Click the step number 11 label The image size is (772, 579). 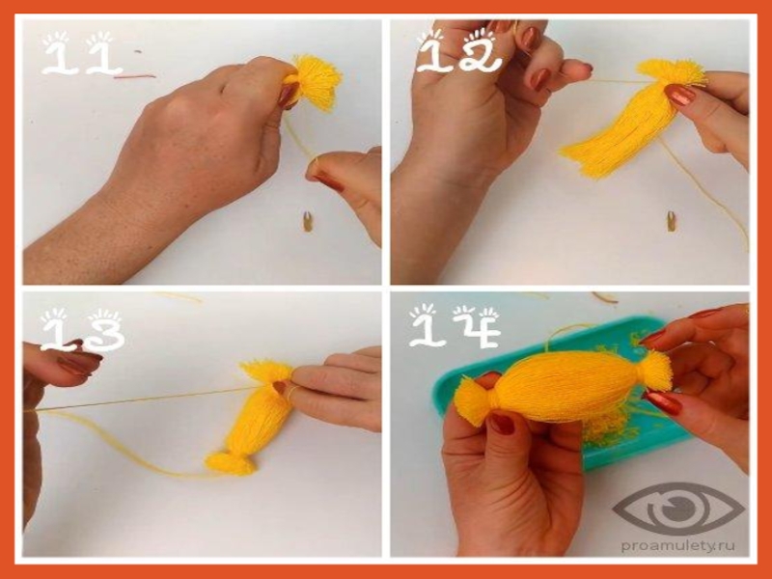[x=81, y=54]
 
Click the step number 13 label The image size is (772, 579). [x=82, y=329]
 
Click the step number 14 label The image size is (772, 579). [x=455, y=326]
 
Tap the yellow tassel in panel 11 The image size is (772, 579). [x=316, y=81]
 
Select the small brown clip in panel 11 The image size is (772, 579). [x=308, y=221]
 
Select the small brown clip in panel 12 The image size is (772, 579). [x=671, y=221]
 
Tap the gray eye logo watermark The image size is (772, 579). [x=679, y=510]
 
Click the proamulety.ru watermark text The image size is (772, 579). [x=678, y=545]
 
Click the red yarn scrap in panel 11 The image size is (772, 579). [x=135, y=76]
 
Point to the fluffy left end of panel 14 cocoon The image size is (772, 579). [x=474, y=400]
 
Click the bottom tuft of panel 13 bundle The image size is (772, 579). [x=231, y=463]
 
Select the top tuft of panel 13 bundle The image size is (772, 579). [x=266, y=372]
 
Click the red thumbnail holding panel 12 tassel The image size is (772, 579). [x=679, y=95]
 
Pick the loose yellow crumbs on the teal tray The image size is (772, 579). [x=611, y=429]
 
